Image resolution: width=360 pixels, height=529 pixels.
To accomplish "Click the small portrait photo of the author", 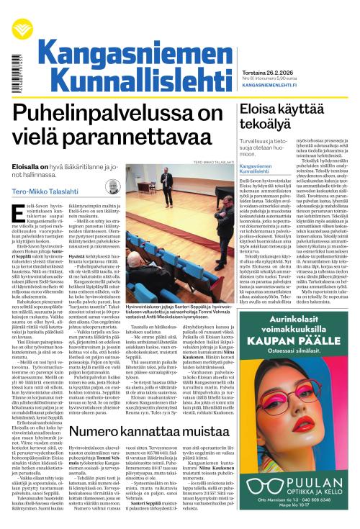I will coord(112,188).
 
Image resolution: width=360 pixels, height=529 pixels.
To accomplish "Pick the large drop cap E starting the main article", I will coord(19,213).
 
